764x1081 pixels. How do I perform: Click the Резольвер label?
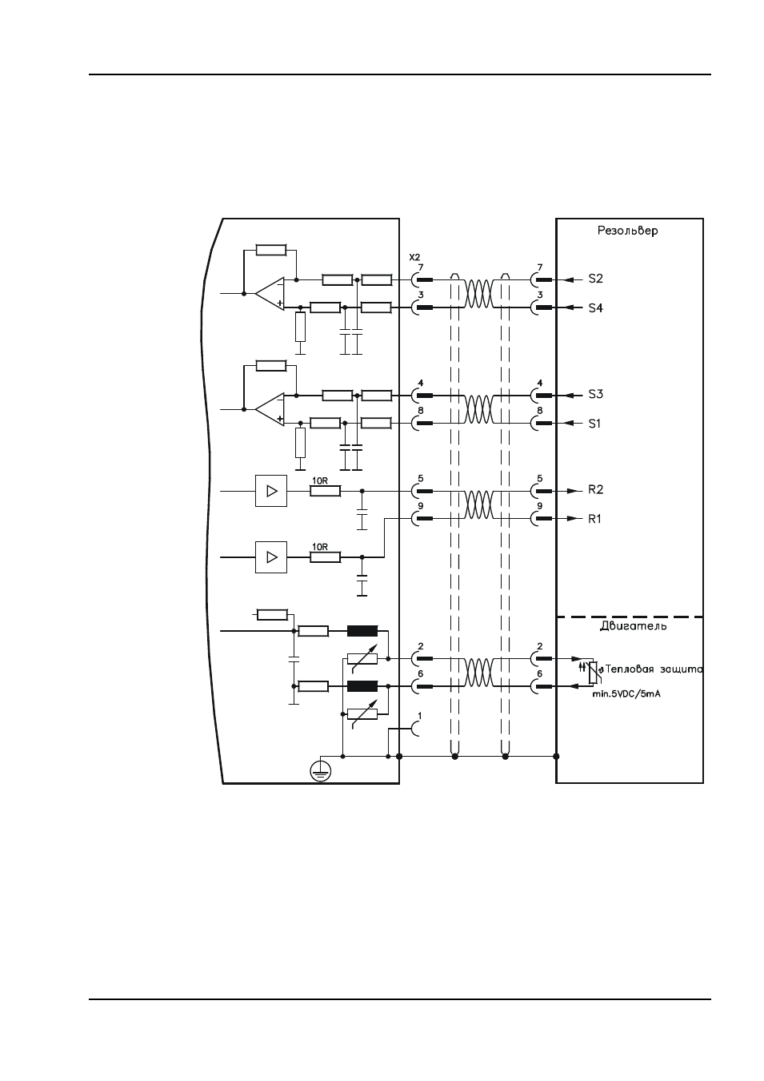627,231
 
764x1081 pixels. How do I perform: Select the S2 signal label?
596,279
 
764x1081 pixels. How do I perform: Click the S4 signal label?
596,308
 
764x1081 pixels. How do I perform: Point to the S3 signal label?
596,394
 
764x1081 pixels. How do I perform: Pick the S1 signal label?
595,424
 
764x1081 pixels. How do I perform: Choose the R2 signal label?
596,490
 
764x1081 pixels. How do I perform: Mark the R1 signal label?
595,519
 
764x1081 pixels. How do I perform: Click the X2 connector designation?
414,258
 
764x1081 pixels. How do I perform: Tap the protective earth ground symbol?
321,772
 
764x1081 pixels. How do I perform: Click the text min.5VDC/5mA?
626,694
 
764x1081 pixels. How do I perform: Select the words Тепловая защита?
654,669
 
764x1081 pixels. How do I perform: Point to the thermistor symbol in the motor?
594,672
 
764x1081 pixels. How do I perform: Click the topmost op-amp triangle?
270,293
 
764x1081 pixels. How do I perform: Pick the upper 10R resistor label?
320,480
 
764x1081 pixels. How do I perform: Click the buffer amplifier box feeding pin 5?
271,491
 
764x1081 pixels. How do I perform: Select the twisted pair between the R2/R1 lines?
478,504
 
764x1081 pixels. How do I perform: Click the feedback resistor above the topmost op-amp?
271,250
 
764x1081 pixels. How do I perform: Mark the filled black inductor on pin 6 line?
362,686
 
